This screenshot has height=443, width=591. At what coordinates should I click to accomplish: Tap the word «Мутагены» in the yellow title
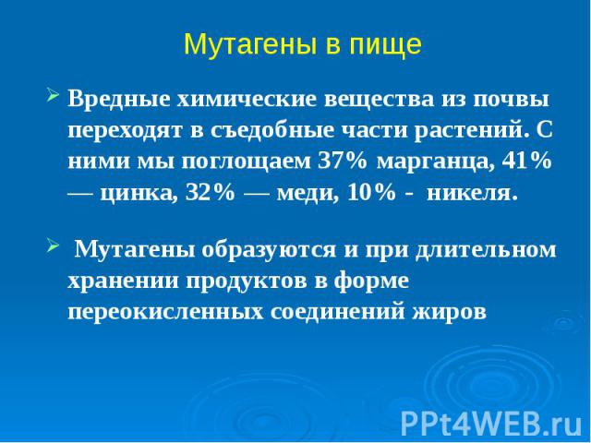click(249, 44)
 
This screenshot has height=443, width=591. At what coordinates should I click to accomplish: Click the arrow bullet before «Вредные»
click(53, 96)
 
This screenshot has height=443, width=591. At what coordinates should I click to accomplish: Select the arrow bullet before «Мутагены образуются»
click(53, 247)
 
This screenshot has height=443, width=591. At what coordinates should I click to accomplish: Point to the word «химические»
click(248, 100)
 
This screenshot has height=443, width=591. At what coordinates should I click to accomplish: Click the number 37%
click(343, 162)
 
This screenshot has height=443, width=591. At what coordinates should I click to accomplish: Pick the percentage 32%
click(210, 193)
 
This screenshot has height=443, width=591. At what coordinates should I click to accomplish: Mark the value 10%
click(371, 193)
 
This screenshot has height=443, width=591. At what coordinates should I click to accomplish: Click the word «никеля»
click(471, 194)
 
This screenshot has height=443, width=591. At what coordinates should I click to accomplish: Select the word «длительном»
click(486, 250)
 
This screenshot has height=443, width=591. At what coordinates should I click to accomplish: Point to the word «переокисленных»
click(165, 312)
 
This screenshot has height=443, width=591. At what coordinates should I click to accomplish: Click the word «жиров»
click(449, 313)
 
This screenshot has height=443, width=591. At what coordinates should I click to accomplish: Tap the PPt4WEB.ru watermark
click(491, 424)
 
